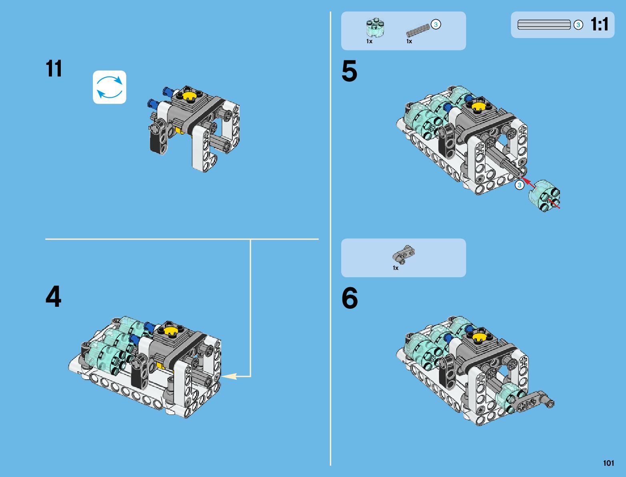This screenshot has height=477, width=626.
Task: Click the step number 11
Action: [x=54, y=68]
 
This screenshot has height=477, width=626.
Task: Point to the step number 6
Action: [x=350, y=298]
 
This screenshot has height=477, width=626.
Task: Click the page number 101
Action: [x=608, y=463]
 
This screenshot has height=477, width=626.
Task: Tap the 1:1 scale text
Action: [x=600, y=24]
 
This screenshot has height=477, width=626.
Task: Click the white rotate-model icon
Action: [x=110, y=87]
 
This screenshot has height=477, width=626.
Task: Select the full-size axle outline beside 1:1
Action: [x=544, y=24]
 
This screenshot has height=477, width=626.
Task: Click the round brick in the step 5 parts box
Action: [x=375, y=27]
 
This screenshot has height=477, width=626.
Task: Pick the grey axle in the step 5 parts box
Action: [x=418, y=30]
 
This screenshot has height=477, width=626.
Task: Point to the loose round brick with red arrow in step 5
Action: [x=544, y=195]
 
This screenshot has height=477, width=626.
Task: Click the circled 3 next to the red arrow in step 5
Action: [x=519, y=185]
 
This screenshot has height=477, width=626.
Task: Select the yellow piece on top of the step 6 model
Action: [x=480, y=337]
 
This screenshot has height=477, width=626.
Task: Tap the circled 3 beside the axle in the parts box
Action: [x=436, y=24]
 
